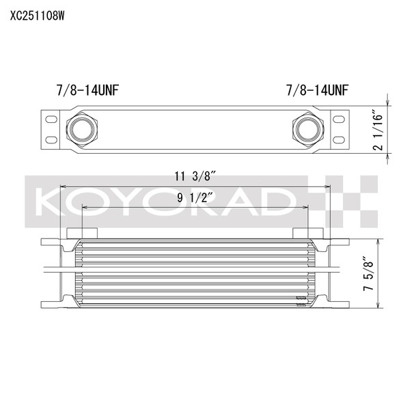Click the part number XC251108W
click(x=38, y=16)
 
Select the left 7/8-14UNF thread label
click(x=88, y=90)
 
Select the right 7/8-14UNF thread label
click(x=318, y=90)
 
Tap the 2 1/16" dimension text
click(x=377, y=130)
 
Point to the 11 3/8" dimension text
click(x=195, y=176)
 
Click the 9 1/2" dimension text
click(x=195, y=197)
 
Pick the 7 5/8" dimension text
click(x=368, y=273)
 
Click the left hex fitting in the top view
click(x=82, y=129)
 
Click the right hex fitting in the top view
click(x=308, y=129)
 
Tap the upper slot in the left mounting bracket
click(x=51, y=120)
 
